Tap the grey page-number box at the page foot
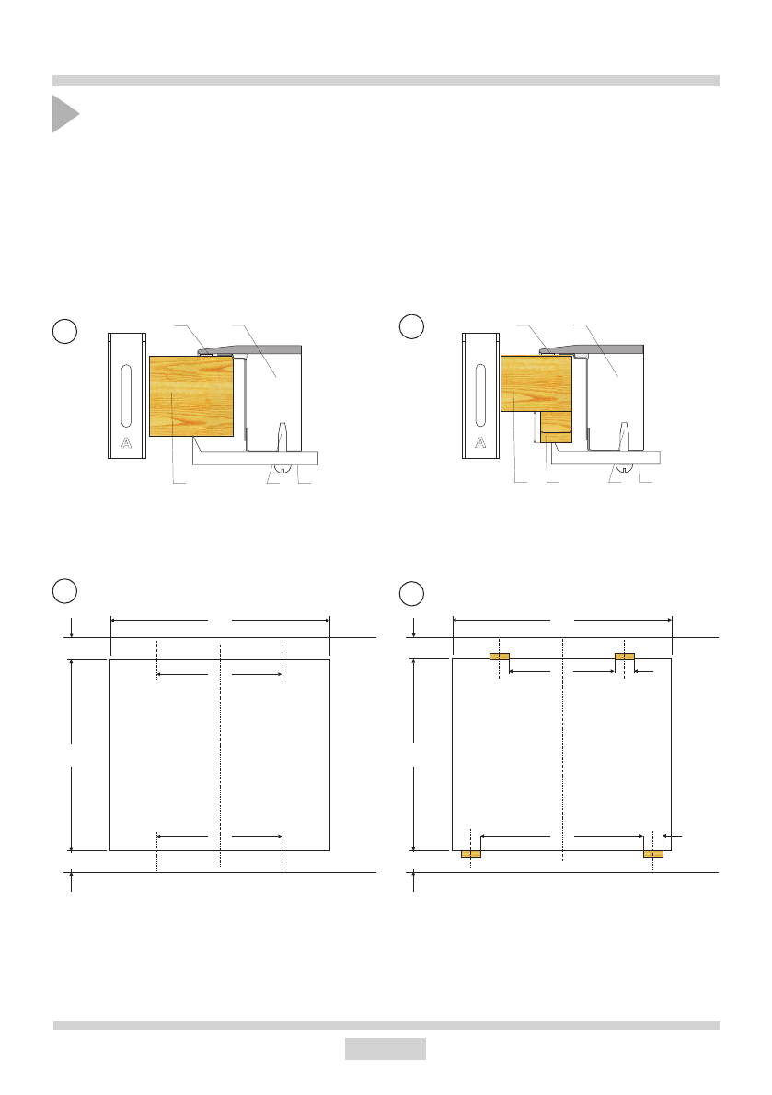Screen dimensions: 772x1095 click(x=385, y=1048)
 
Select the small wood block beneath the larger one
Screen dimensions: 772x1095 click(x=557, y=427)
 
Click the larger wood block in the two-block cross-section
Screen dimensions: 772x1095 click(x=536, y=383)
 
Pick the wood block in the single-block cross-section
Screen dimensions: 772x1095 click(x=191, y=396)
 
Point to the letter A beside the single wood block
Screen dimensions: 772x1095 click(x=126, y=443)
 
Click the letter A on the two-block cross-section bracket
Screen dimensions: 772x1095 click(x=480, y=443)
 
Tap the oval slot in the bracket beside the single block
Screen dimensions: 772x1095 click(x=126, y=395)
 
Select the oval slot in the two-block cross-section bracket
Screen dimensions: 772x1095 click(x=480, y=395)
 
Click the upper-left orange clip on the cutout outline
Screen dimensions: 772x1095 click(x=500, y=656)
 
